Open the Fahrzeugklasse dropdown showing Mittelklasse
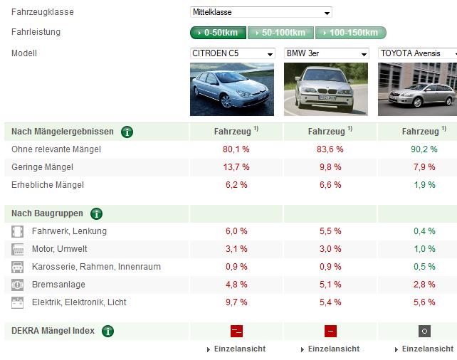pos(261,12)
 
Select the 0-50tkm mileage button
pos(218,33)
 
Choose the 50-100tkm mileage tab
pos(280,33)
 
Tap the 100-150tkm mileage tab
pos(351,33)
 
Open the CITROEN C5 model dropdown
pos(232,53)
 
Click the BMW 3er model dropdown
pos(327,53)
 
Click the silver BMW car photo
pos(326,89)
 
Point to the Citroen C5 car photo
pos(232,89)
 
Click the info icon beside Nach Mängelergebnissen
pos(127,132)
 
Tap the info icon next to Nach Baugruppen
pos(97,213)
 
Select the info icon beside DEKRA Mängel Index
pos(107,331)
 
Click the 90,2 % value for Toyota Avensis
pos(424,149)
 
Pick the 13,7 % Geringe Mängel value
pos(236,167)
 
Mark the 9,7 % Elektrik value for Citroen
pos(236,302)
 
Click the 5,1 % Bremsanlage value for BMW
pos(330,285)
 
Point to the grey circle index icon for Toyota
pos(424,331)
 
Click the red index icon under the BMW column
pos(330,331)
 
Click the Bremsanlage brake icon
pos(17,285)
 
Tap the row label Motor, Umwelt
pos(60,249)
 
